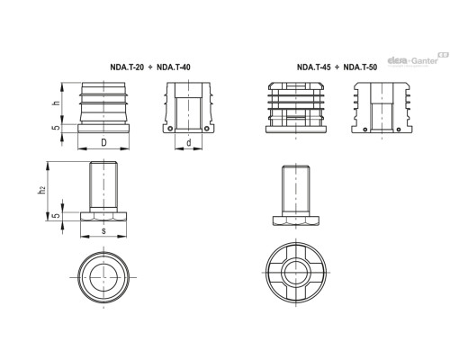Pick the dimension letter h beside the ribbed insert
(x=56, y=103)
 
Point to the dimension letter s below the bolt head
(x=105, y=232)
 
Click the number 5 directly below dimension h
(x=56, y=128)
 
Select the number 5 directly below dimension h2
(x=56, y=216)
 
